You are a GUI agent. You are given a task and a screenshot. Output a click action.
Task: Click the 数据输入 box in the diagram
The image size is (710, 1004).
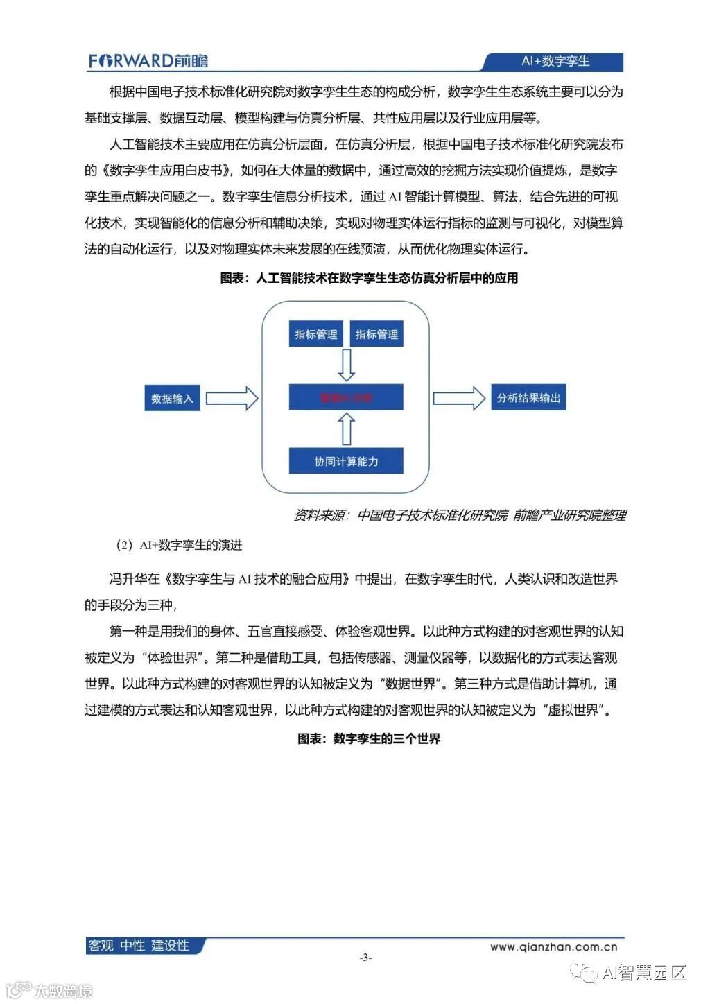pos(172,399)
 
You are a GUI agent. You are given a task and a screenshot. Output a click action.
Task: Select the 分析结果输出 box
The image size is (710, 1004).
pos(528,398)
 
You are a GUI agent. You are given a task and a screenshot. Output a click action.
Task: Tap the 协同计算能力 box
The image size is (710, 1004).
pos(346,461)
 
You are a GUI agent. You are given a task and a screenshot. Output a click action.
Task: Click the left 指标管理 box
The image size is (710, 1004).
pos(316,334)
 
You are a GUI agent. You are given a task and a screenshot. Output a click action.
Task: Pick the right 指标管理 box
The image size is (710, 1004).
pos(376,334)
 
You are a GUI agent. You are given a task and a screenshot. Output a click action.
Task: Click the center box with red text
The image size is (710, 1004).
pos(346,398)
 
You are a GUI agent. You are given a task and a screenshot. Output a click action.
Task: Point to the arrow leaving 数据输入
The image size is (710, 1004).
pos(232,399)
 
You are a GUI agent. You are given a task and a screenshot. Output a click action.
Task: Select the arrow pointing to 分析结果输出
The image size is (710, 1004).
pos(459,398)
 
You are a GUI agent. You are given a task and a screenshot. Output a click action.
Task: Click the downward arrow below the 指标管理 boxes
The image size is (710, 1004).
pos(346,365)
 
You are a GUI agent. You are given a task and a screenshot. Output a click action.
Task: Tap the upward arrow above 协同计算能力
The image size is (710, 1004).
pos(346,430)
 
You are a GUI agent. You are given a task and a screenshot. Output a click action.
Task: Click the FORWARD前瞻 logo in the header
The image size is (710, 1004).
pos(148,61)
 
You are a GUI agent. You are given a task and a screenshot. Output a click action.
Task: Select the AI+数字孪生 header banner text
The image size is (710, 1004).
pos(555,61)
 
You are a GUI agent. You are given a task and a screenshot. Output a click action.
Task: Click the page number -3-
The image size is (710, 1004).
pos(365,958)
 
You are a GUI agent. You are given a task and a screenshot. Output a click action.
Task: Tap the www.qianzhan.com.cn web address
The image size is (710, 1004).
pos(553,946)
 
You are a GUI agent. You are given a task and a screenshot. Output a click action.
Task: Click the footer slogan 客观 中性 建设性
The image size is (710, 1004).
pos(139,946)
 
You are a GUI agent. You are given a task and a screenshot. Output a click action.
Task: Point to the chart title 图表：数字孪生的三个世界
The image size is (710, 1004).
pos(369,739)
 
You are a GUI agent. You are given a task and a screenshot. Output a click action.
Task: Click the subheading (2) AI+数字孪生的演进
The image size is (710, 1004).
pos(179,546)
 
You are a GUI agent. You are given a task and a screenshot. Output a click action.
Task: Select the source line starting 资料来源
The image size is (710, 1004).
pos(460,515)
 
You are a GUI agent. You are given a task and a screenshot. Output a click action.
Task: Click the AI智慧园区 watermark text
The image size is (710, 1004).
pos(643,973)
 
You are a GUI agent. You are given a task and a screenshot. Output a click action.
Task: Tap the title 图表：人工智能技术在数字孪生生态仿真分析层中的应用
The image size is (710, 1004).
pos(369,278)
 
